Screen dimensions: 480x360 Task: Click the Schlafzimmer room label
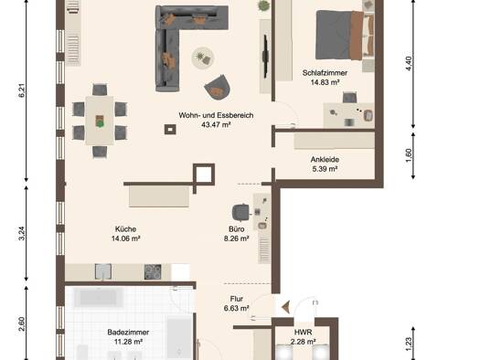point(325,73)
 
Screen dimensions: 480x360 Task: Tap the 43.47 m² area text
point(216,124)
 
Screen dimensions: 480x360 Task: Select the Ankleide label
point(325,159)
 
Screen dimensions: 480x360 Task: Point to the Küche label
point(125,228)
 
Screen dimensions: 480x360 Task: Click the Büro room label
point(236,228)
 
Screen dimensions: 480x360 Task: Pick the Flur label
point(236,299)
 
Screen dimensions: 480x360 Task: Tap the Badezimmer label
point(128,333)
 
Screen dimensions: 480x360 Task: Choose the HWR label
point(303,333)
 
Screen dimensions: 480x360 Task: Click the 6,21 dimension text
point(22,90)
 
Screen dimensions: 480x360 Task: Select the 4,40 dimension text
point(409,64)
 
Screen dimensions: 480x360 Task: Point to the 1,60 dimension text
point(409,155)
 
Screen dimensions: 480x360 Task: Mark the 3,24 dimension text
point(22,233)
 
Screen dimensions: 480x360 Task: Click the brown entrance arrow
point(286,307)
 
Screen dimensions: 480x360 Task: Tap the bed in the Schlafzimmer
point(345,35)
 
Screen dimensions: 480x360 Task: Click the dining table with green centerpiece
point(100,121)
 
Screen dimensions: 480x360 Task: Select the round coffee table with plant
point(203,58)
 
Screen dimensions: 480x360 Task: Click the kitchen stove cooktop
point(153,271)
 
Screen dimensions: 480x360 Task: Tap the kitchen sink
point(103,271)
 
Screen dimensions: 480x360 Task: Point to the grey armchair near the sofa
point(217,87)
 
